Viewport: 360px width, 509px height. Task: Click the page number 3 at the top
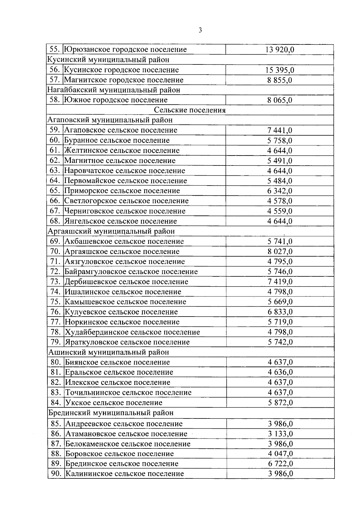pos(200,30)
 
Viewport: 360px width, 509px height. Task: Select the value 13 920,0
pos(280,49)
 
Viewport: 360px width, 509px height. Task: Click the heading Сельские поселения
pos(190,110)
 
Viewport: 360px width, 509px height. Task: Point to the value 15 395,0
pos(280,70)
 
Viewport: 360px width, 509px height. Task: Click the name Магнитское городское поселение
pos(124,80)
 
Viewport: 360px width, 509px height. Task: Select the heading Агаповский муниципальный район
pos(110,120)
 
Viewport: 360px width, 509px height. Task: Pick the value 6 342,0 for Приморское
pos(280,191)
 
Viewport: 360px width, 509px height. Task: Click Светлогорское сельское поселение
pos(126,201)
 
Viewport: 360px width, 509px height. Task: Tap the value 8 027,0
pos(280,252)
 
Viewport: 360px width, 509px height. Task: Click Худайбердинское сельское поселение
pos(132,332)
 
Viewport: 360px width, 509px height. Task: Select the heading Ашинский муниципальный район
pos(109,352)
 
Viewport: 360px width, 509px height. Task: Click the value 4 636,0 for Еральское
pos(280,372)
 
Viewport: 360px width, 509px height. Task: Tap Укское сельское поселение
pos(114,403)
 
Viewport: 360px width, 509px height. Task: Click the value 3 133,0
pos(280,434)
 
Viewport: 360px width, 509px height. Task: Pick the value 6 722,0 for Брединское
pos(280,464)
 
